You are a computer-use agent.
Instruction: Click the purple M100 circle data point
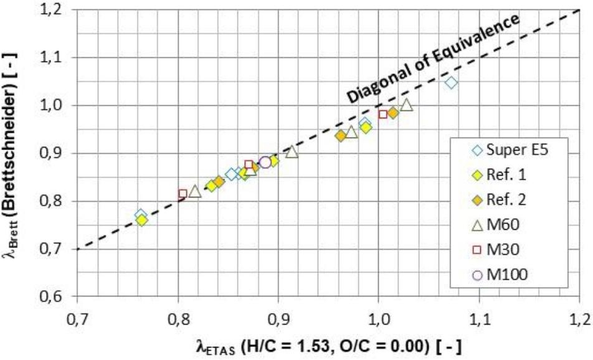pos(265,163)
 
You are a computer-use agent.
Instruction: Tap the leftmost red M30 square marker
pos(183,194)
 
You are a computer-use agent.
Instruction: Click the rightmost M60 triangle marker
pos(407,105)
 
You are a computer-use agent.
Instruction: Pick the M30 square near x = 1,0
pos(382,114)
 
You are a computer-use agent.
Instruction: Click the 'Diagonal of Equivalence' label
pos(432,59)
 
